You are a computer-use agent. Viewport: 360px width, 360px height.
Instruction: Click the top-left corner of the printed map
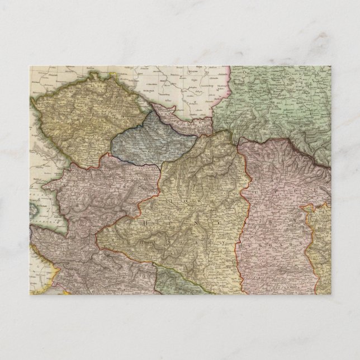[x=30, y=66]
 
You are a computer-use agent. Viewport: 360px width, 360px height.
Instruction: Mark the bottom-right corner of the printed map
[x=330, y=294]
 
